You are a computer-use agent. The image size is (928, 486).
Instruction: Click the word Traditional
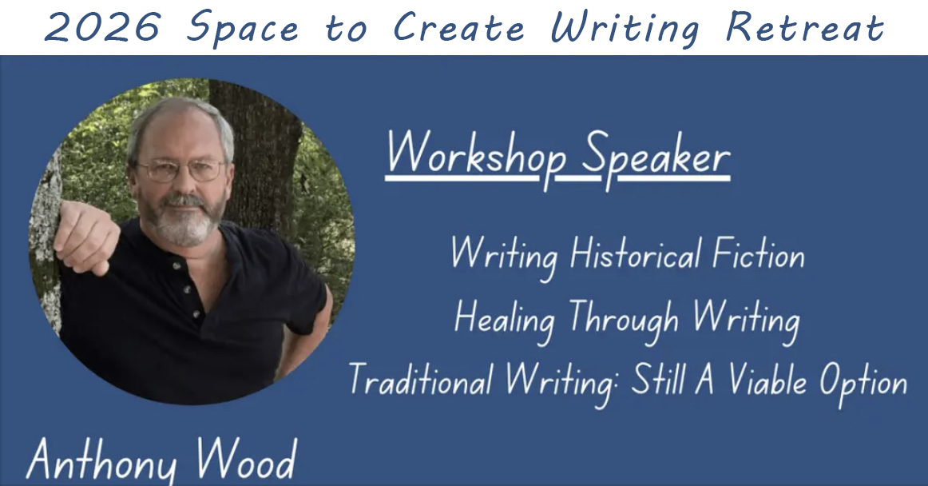(420, 381)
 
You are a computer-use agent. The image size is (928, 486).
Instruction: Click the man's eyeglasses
(181, 169)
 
